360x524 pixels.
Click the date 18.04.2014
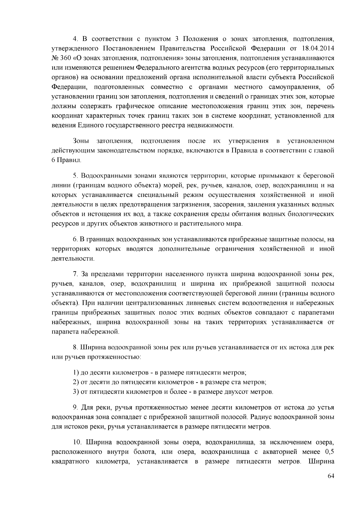[x=315, y=48]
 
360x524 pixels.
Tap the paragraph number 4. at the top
[x=76, y=39]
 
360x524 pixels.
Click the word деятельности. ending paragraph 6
[x=73, y=258]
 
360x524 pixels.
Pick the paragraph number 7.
[x=76, y=274]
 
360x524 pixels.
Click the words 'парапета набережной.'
[x=85, y=332]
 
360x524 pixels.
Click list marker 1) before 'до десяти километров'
[x=76, y=373]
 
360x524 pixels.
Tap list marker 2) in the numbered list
[x=76, y=382]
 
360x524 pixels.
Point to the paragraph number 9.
[x=76, y=407]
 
